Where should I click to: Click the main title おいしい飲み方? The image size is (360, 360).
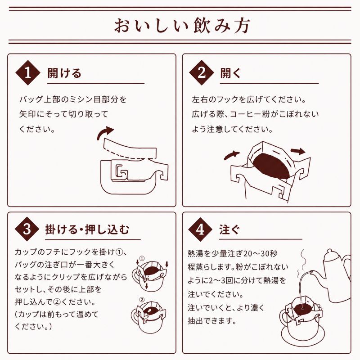[182, 26]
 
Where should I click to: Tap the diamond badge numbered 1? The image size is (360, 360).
[28, 73]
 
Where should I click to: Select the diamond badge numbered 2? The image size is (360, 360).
[201, 72]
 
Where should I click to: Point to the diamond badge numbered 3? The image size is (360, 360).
[27, 229]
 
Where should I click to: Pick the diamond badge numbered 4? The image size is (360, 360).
[200, 229]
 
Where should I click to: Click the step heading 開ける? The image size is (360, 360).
[64, 73]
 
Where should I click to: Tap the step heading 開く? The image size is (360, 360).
[230, 73]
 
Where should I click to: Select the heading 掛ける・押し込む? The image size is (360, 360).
[87, 229]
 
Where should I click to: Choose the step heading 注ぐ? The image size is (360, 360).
[229, 229]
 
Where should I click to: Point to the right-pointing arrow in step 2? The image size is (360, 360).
[298, 151]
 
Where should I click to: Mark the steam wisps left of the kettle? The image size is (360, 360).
[301, 264]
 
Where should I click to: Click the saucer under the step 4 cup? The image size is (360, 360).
[302, 336]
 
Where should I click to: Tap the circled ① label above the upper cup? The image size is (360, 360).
[142, 258]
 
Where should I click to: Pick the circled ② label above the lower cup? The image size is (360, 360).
[142, 300]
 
